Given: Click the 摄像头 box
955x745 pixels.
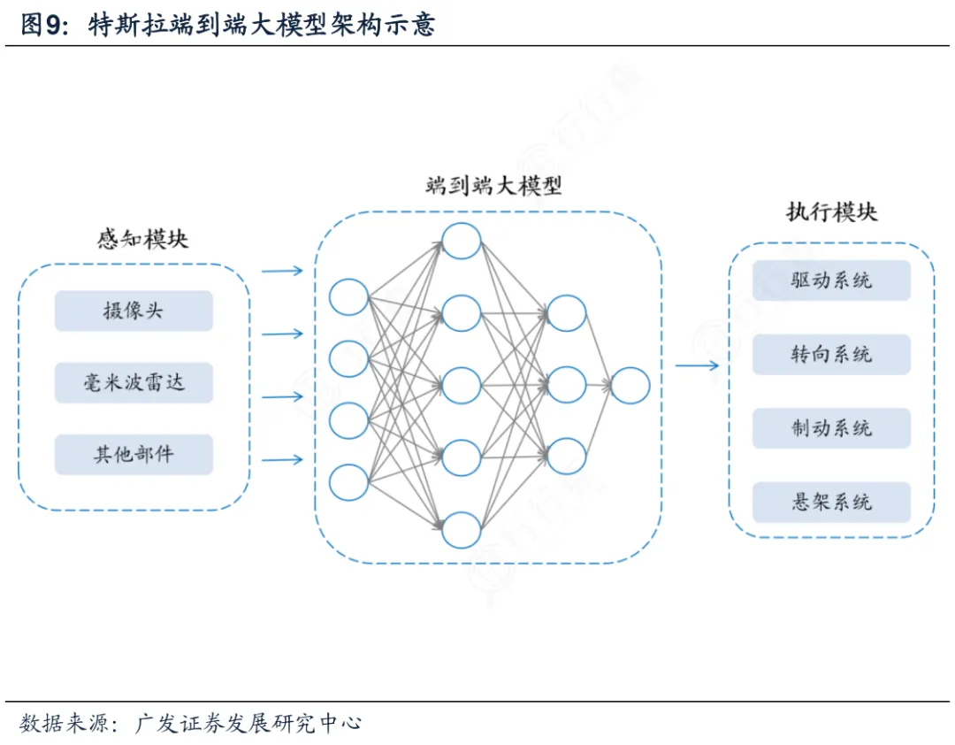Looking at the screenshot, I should [134, 311].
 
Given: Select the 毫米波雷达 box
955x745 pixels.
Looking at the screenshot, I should [134, 383].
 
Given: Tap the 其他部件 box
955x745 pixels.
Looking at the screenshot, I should [134, 455].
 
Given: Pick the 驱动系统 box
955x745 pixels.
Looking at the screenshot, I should [831, 280].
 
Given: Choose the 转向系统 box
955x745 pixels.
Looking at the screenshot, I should [831, 354].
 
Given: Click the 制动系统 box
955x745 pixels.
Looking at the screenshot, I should [831, 428].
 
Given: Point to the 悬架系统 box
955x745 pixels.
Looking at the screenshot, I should [831, 502].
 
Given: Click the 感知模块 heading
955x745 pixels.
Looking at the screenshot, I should [142, 239].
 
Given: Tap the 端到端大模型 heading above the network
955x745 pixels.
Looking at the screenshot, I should [493, 185].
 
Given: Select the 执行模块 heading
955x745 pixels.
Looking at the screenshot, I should [832, 212].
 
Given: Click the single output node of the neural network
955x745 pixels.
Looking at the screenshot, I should [630, 386].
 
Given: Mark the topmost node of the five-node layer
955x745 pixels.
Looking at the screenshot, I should [461, 241].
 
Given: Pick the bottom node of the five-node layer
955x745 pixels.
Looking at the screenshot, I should [461, 530].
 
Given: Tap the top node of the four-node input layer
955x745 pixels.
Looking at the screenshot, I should [348, 297].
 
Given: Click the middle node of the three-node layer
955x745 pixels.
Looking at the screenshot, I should [567, 385].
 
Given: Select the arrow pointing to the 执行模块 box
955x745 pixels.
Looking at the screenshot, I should [697, 365].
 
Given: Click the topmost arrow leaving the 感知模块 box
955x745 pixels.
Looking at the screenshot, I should [282, 271].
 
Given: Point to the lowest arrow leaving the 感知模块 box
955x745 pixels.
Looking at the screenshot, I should [282, 459].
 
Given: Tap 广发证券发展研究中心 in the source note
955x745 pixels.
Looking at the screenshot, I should [248, 723].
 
